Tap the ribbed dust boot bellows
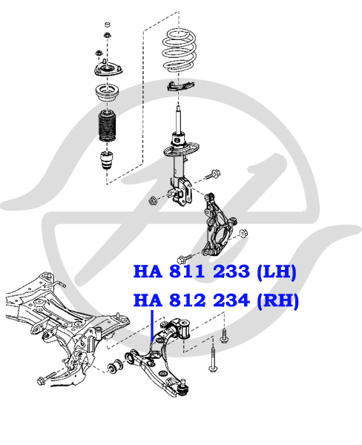[x=106, y=126]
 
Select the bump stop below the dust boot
[x=107, y=160]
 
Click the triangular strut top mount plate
[x=108, y=70]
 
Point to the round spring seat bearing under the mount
[x=107, y=96]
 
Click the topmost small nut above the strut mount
[x=108, y=24]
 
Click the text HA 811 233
[x=191, y=271]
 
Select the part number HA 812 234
[x=191, y=300]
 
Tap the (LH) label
[x=276, y=272]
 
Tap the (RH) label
[x=277, y=301]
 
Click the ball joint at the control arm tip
[x=184, y=387]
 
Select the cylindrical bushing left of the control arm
[x=115, y=366]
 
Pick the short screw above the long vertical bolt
[x=224, y=335]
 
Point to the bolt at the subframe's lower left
[x=47, y=378]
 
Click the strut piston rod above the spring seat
[x=178, y=119]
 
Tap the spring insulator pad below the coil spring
[x=180, y=85]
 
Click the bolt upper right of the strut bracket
[x=213, y=174]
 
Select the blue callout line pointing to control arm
[x=153, y=326]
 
